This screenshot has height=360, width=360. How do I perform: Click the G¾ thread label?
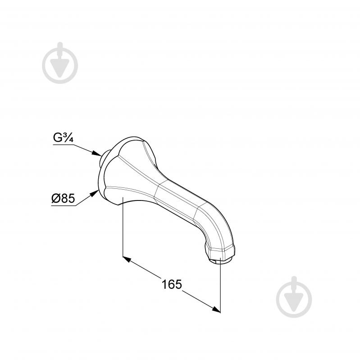tap(63, 137)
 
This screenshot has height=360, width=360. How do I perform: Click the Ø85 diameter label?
tap(63, 198)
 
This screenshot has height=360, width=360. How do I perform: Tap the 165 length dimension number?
tap(172, 284)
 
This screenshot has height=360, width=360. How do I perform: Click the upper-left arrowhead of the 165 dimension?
tap(127, 260)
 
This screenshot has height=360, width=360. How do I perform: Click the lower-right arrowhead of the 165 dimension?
tap(216, 309)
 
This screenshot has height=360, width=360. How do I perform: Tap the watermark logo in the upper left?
tap(60, 63)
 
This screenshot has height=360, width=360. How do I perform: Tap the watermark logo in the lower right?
tap(294, 297)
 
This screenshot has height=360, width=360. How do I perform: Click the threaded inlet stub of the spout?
tap(103, 158)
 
